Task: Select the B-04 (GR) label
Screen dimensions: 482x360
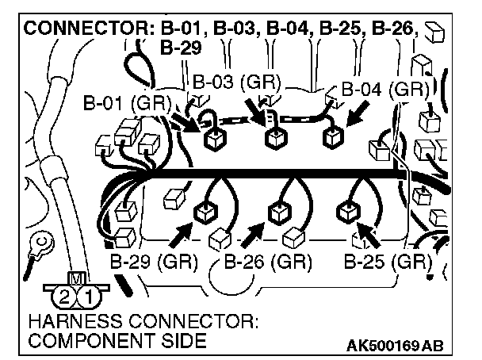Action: [x=384, y=90]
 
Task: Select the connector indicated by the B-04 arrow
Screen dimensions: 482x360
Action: [x=332, y=136]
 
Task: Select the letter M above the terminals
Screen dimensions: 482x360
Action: [x=75, y=278]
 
